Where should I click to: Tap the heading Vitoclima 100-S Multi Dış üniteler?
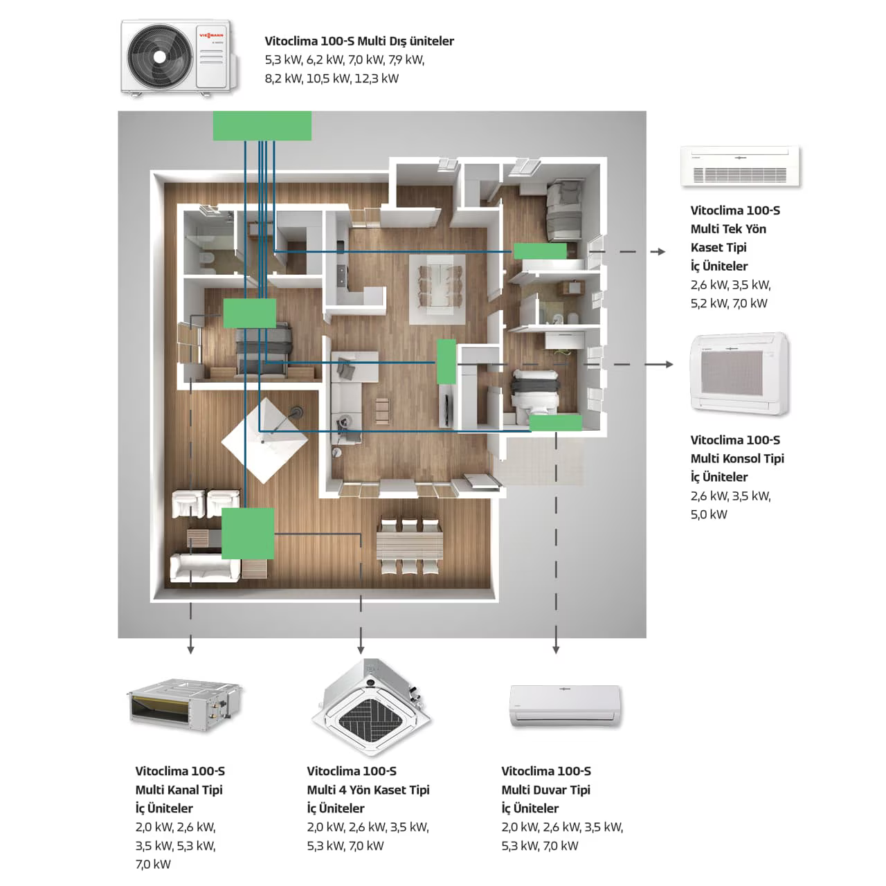click(x=359, y=41)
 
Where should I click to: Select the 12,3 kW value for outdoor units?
click(x=377, y=78)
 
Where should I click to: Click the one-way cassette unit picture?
click(x=740, y=166)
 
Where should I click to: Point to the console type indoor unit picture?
click(x=740, y=374)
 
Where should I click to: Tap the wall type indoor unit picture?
click(x=565, y=706)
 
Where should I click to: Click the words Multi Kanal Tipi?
click(x=179, y=790)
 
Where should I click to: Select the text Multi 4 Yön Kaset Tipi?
click(x=368, y=790)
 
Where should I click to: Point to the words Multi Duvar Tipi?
click(x=546, y=790)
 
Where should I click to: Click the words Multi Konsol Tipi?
click(x=737, y=458)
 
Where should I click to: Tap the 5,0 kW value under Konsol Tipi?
click(x=709, y=514)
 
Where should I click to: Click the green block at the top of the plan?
click(x=262, y=126)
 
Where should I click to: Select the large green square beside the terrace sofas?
click(x=247, y=533)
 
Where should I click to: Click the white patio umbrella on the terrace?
click(x=262, y=441)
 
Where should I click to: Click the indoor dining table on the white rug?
click(x=435, y=285)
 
